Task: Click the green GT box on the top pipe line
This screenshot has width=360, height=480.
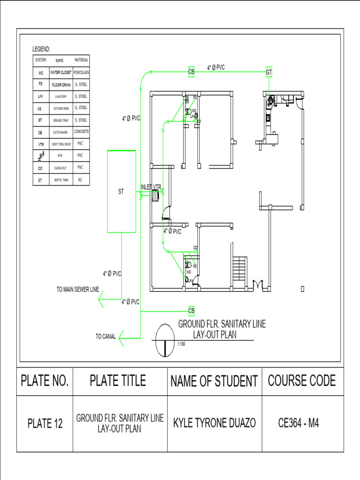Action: (269, 72)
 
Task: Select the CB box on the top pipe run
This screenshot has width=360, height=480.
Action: (191, 72)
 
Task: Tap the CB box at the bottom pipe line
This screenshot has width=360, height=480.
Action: (191, 310)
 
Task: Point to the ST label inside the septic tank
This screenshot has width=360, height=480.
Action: (121, 191)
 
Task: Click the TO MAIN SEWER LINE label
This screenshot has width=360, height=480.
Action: (78, 290)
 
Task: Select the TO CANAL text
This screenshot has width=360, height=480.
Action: (105, 337)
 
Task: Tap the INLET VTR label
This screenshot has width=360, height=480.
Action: (151, 187)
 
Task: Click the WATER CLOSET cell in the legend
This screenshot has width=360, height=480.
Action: (60, 73)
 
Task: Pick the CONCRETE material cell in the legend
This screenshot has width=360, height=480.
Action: (81, 132)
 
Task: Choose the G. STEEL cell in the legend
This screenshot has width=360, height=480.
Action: (81, 108)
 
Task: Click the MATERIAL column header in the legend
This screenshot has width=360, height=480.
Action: (81, 60)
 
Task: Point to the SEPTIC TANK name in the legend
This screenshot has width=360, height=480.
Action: (60, 180)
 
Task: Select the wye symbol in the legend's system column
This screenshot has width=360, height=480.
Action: (41, 156)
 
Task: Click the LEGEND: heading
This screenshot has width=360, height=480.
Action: (41, 49)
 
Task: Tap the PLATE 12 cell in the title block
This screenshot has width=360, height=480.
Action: (45, 424)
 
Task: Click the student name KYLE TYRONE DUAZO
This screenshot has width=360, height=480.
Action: (215, 423)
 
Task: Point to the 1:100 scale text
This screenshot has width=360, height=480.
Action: (182, 345)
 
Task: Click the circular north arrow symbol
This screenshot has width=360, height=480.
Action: (165, 339)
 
